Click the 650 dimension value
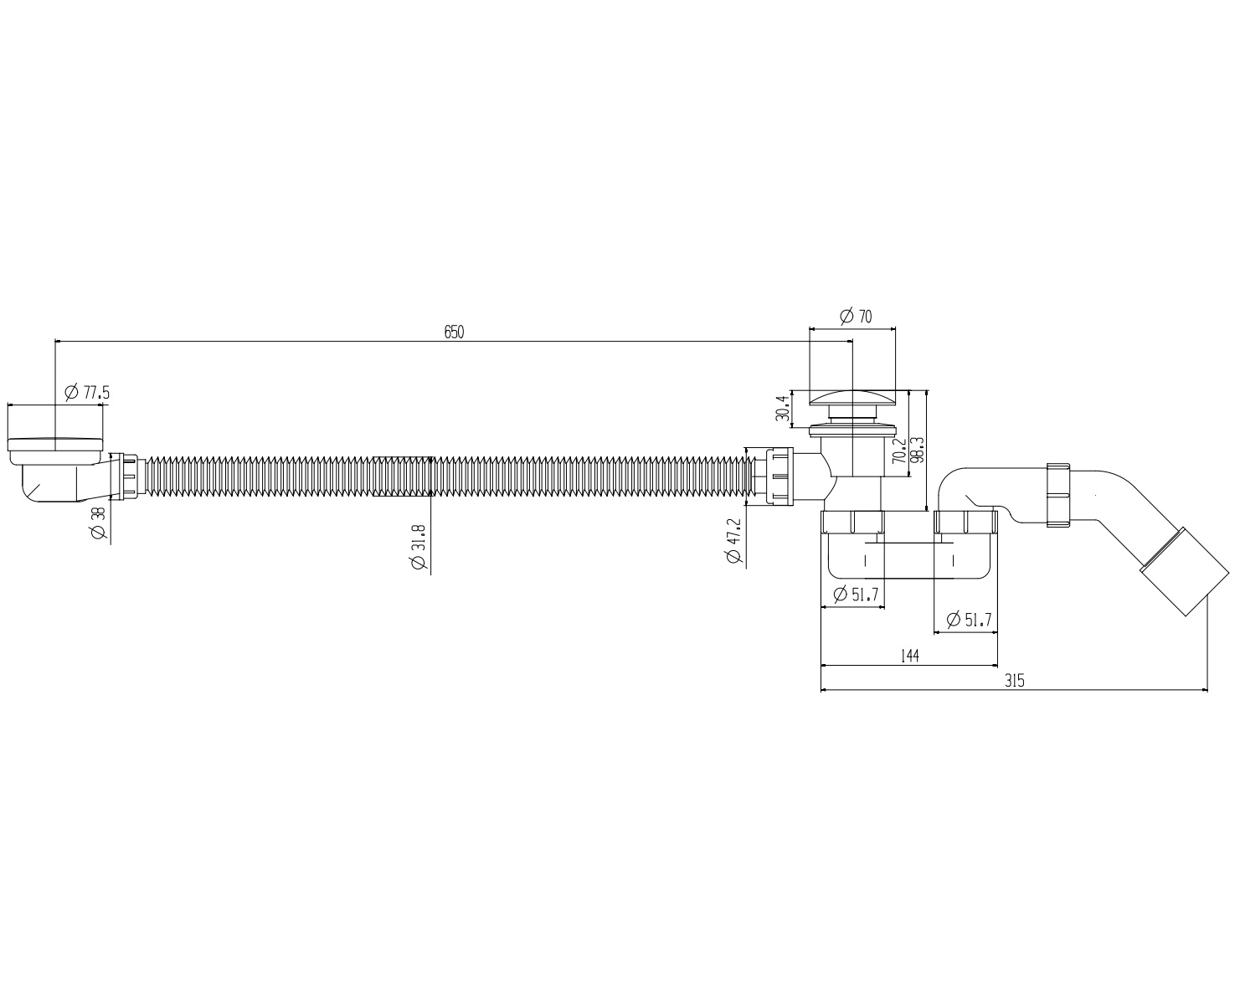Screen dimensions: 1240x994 454,332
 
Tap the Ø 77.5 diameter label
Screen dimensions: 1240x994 87,393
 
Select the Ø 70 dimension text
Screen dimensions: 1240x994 856,317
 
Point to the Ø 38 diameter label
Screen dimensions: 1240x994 98,523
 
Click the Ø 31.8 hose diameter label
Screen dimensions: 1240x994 419,547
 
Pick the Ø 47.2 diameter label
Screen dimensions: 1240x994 733,540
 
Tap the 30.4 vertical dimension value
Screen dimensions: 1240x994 782,409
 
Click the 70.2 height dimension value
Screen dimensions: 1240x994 899,451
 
